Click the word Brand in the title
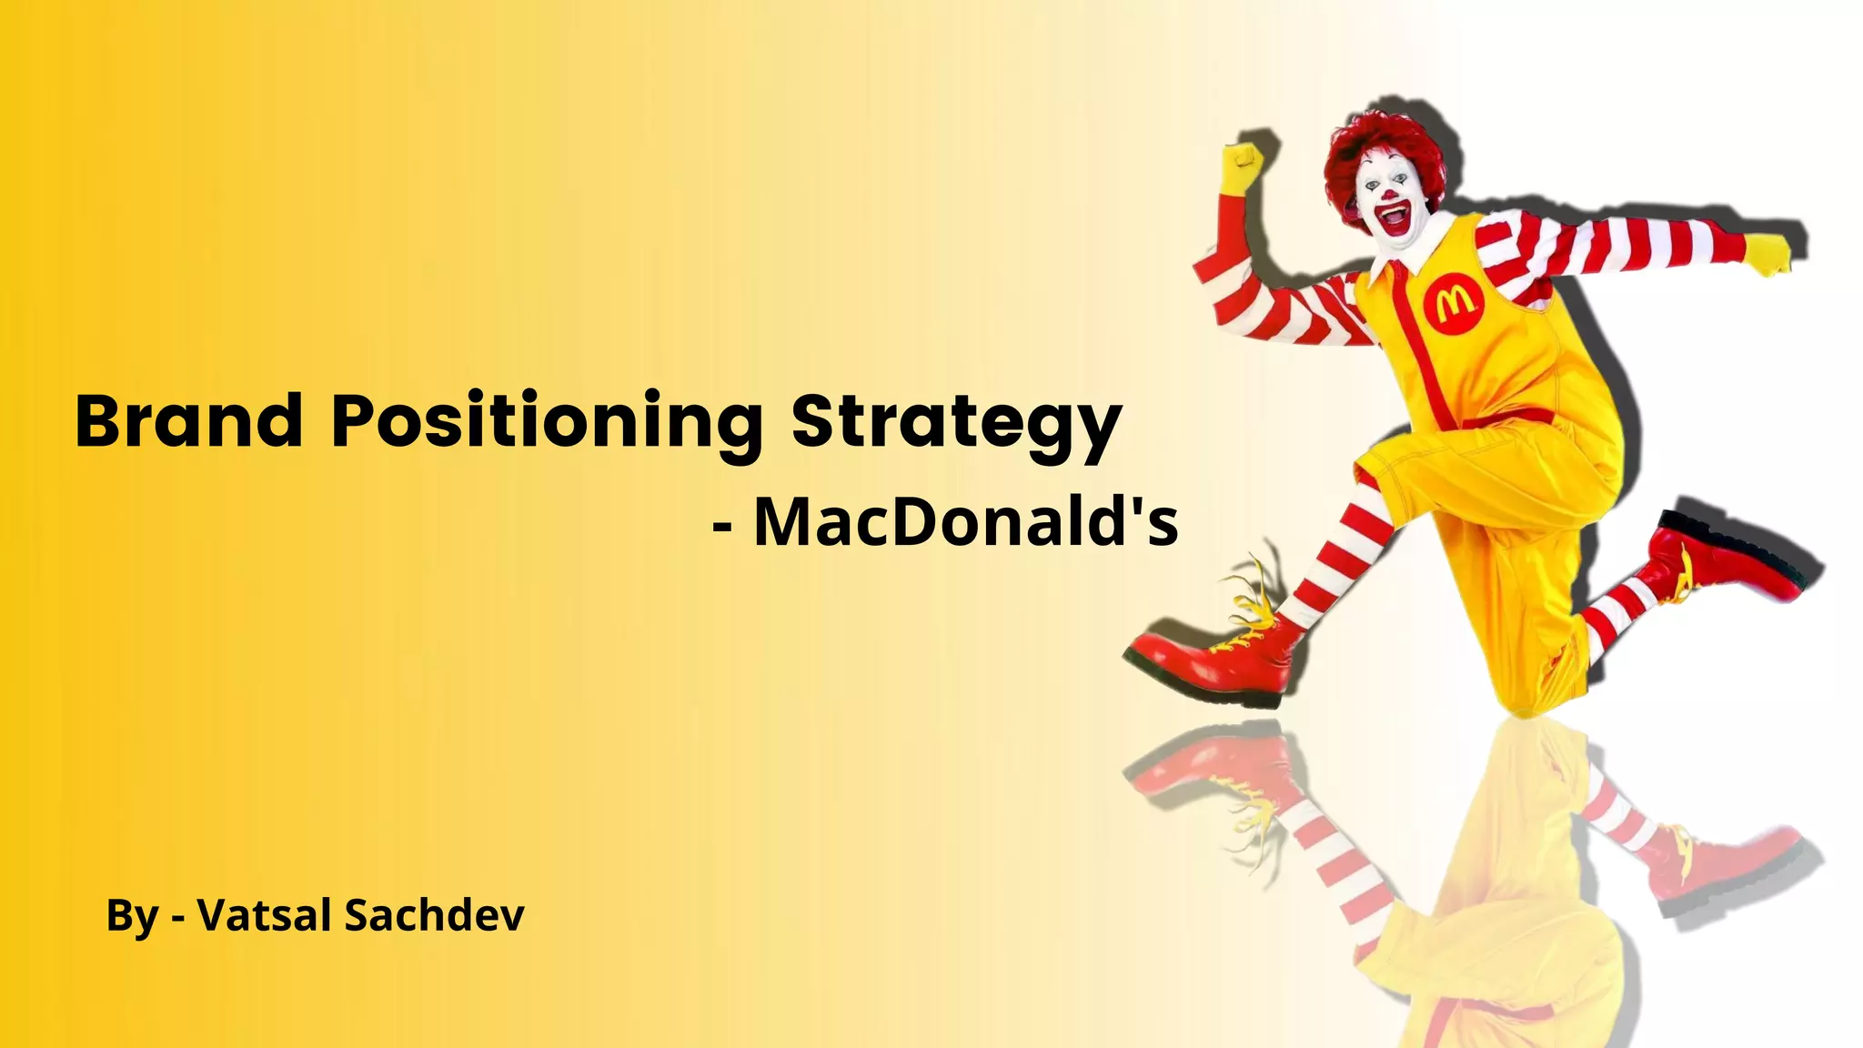click(188, 421)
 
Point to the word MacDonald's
click(966, 522)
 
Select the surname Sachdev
click(433, 914)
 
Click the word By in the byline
click(132, 916)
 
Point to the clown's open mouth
click(1393, 218)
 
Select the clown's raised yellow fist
click(1243, 167)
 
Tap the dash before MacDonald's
click(723, 529)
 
